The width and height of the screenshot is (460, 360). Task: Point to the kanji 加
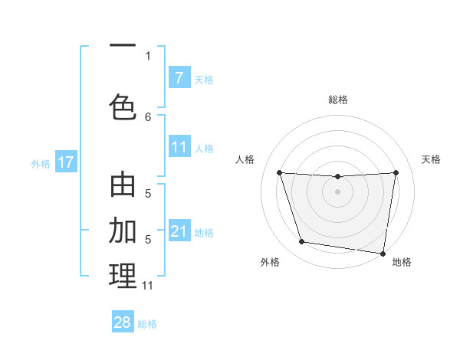[x=123, y=230]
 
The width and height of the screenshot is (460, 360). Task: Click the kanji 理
[x=123, y=275]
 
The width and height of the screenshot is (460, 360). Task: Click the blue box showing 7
[x=179, y=77]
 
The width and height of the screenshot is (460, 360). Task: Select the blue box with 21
[x=179, y=231]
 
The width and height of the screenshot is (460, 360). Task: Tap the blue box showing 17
[x=65, y=162]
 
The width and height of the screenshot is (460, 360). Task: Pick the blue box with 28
[x=123, y=322]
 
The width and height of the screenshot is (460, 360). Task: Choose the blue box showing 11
[x=179, y=147]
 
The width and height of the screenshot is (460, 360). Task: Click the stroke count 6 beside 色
[x=148, y=116]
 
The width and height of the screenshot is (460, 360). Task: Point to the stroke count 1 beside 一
[x=148, y=55]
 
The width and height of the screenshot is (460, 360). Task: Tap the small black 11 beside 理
[x=148, y=286]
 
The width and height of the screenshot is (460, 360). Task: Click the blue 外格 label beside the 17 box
[x=41, y=163]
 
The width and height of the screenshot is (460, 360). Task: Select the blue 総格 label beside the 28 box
[x=147, y=323]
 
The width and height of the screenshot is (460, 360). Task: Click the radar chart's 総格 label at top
[x=337, y=100]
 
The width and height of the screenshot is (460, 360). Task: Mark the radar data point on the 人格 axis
[x=279, y=173]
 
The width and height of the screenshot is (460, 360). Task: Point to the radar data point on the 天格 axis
[x=396, y=173]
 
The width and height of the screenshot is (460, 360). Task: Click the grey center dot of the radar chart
[x=337, y=191]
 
